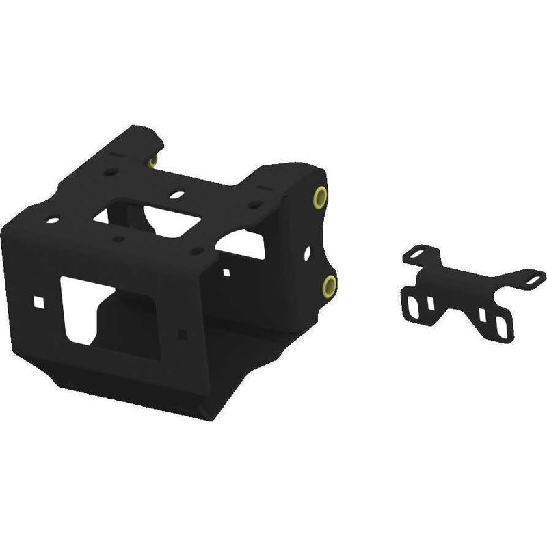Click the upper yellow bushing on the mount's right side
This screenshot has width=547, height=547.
pyautogui.click(x=319, y=198)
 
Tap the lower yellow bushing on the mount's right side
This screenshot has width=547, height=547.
pyautogui.click(x=330, y=285)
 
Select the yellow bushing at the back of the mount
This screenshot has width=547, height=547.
pyautogui.click(x=153, y=161)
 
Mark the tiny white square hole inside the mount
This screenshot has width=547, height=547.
pyautogui.click(x=225, y=273)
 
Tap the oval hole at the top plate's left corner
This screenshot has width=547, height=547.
pyautogui.click(x=53, y=221)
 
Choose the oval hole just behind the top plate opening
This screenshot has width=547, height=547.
pyautogui.click(x=176, y=195)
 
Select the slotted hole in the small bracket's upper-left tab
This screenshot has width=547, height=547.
pyautogui.click(x=415, y=255)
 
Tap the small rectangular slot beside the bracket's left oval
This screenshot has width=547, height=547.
pyautogui.click(x=429, y=304)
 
